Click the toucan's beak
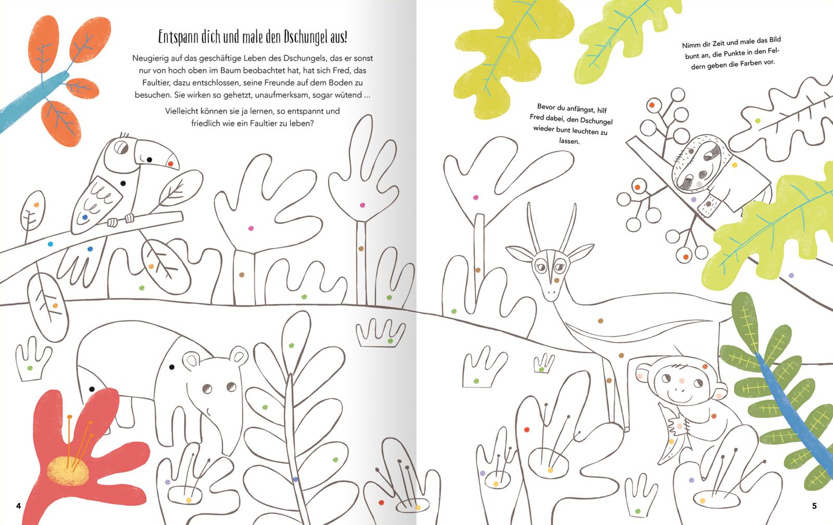tap(156, 154)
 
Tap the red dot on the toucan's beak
tap(170, 164)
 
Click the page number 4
tap(19, 506)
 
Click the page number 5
tap(814, 506)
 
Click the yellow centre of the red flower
tap(68, 471)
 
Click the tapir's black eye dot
tap(172, 367)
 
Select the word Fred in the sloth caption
tap(537, 117)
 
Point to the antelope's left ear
tap(521, 254)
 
